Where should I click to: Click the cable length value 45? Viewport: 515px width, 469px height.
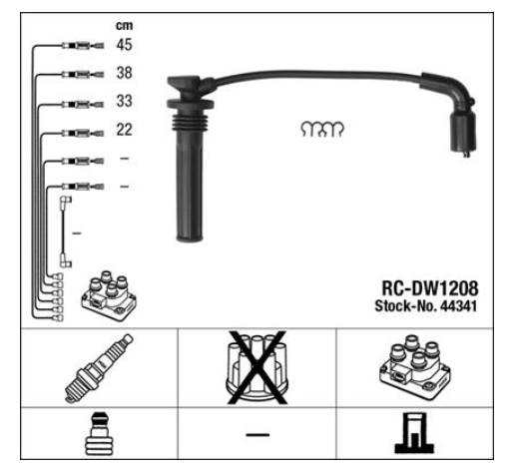[124, 45]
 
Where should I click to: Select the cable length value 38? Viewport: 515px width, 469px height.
[124, 73]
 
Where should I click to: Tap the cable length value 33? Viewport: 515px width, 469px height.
[124, 101]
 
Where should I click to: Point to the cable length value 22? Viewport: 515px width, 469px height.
[124, 130]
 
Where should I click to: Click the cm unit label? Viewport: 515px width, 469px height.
[124, 25]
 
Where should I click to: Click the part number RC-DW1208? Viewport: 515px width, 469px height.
[429, 288]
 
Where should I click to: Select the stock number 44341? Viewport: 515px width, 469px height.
[458, 306]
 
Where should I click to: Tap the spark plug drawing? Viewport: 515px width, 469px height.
[99, 368]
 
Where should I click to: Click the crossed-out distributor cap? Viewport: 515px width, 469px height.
[257, 367]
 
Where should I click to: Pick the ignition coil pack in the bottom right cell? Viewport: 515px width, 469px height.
[415, 368]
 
